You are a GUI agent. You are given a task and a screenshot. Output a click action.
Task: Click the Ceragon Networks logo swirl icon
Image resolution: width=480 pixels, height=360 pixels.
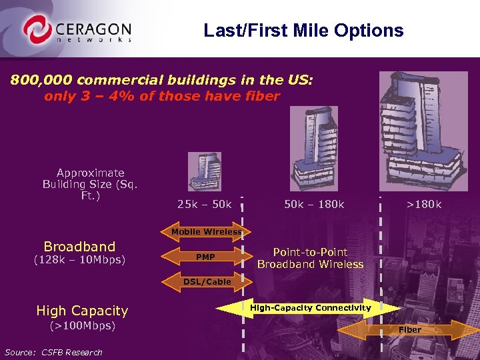click(x=37, y=30)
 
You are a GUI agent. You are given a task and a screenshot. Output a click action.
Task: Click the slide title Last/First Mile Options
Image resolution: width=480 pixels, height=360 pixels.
click(x=303, y=31)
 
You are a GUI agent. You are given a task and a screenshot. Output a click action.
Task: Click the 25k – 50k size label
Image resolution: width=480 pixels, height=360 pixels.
click(x=204, y=204)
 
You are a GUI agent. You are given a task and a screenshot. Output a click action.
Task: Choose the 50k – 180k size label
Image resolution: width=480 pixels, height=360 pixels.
click(x=314, y=204)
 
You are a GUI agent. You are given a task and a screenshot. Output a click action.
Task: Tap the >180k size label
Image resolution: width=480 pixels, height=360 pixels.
click(x=424, y=204)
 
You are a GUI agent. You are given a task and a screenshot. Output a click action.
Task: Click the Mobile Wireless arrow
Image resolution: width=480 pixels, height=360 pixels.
click(x=205, y=232)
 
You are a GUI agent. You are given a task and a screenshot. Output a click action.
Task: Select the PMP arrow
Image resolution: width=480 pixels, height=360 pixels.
click(x=205, y=257)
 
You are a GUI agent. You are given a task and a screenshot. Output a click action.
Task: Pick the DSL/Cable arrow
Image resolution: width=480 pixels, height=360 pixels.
click(x=207, y=282)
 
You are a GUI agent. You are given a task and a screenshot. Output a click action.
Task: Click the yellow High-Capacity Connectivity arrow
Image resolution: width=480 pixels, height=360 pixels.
click(x=309, y=308)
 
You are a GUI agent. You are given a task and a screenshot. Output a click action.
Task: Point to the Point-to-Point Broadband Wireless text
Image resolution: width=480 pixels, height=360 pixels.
click(x=310, y=258)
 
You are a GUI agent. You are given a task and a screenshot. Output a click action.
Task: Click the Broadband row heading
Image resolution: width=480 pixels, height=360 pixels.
click(x=79, y=246)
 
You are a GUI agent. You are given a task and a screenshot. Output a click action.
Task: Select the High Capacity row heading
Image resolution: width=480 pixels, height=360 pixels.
click(x=82, y=311)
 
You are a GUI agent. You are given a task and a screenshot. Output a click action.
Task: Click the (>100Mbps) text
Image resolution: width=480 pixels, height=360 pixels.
click(x=83, y=326)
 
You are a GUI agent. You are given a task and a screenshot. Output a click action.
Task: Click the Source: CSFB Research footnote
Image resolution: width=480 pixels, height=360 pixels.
click(x=53, y=352)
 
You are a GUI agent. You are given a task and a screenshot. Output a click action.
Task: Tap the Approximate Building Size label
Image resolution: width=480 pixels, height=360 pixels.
click(x=90, y=184)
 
